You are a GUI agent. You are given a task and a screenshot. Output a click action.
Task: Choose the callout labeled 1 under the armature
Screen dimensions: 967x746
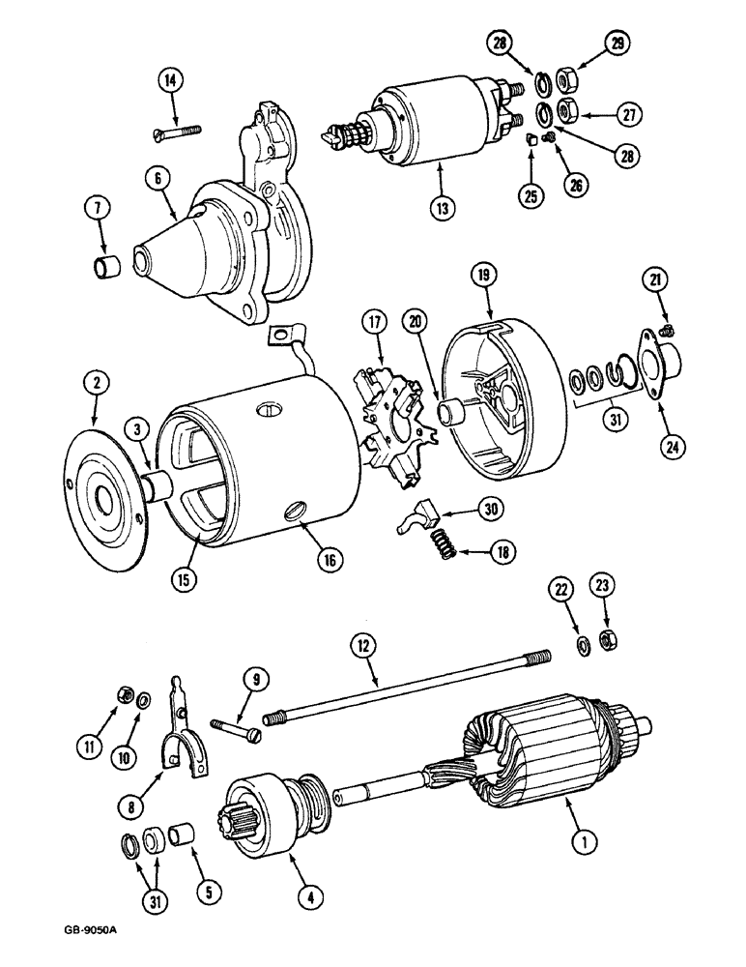(x=582, y=842)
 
